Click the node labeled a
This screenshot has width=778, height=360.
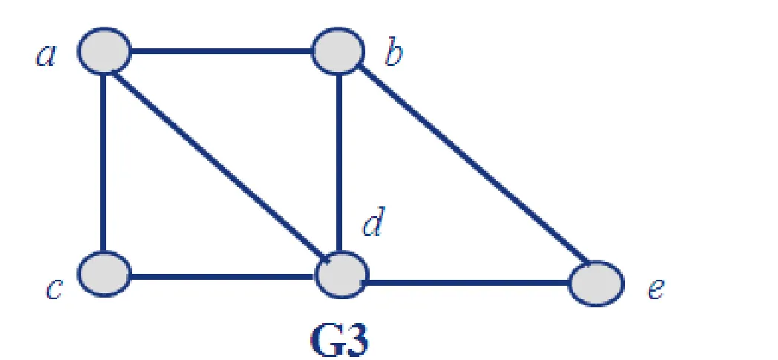(105, 52)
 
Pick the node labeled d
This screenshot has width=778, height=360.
(341, 275)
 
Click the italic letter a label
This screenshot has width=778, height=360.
(46, 57)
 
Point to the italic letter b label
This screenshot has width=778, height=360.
(392, 56)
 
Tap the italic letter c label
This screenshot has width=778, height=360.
(52, 289)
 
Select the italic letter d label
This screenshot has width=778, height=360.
(373, 223)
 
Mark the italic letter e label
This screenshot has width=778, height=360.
(654, 289)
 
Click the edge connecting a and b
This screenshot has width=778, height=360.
(221, 53)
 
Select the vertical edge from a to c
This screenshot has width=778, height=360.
(105, 163)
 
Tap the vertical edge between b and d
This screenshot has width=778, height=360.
(339, 163)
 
